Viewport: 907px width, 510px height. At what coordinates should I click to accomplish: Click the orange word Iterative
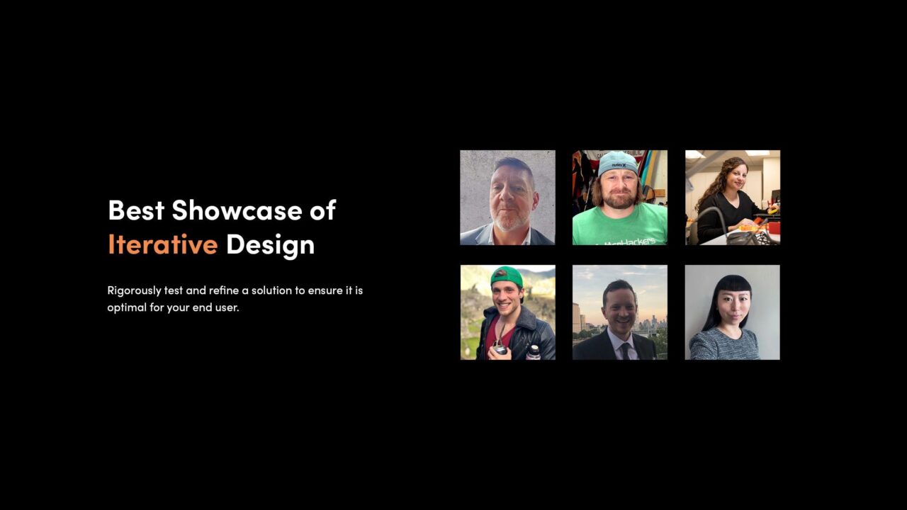[162, 244]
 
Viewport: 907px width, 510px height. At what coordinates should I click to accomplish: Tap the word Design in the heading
[270, 244]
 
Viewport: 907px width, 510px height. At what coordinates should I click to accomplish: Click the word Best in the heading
[136, 210]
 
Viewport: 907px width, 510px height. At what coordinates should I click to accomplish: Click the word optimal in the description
[125, 308]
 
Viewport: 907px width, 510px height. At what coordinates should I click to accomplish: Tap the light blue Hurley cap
[617, 163]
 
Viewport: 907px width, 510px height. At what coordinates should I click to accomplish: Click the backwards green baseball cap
[506, 276]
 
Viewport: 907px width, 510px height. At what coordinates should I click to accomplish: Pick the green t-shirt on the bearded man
[620, 227]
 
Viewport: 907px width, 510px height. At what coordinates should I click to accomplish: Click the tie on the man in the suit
[624, 350]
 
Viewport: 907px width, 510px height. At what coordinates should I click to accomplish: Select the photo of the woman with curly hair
[732, 197]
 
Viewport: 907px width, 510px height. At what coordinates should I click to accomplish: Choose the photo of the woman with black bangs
[732, 312]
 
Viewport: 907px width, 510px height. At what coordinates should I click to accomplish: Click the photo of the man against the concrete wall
[507, 197]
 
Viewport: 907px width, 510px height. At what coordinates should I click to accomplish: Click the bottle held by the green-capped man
[533, 351]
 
